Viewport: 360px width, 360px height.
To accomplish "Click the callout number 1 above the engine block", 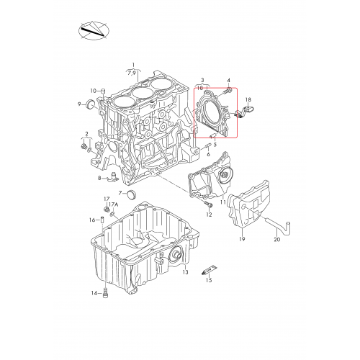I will [x=133, y=65].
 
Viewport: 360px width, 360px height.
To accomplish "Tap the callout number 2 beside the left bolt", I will [x=86, y=133].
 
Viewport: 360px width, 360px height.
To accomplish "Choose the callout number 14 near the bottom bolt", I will [x=93, y=293].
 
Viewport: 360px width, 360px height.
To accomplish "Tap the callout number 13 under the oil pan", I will [x=185, y=272].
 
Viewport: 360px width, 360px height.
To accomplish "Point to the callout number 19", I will [x=243, y=238].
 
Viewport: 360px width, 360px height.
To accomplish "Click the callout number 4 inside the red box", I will [x=228, y=81].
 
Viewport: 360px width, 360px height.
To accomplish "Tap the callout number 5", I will [x=215, y=145].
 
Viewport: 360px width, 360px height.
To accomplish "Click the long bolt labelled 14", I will [x=105, y=292].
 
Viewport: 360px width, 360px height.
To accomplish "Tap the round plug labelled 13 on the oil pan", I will [x=175, y=256].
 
